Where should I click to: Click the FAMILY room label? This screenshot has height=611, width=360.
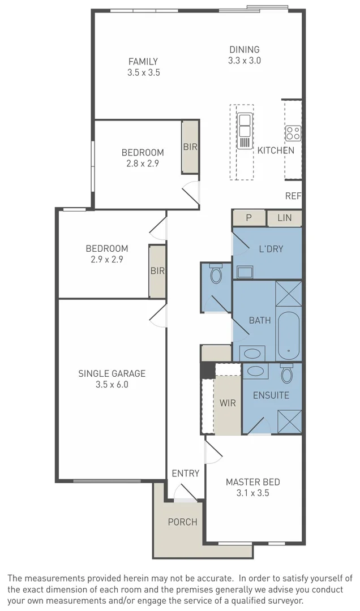(143, 62)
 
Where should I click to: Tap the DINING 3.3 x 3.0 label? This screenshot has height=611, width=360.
(244, 49)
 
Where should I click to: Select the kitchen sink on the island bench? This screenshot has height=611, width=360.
(245, 131)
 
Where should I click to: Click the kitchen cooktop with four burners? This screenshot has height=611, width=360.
(293, 133)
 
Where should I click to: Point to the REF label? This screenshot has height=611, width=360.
(293, 196)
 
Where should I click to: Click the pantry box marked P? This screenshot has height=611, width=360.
(248, 218)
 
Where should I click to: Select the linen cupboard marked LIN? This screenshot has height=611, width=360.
(284, 218)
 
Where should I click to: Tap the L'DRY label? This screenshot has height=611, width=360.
(271, 248)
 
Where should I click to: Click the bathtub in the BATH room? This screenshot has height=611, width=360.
(289, 335)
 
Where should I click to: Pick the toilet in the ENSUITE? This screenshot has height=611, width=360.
(286, 373)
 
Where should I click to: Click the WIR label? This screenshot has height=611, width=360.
(228, 403)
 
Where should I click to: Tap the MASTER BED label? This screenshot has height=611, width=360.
(252, 482)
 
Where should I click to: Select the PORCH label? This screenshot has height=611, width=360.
(182, 522)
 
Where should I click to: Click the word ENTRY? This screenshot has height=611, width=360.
(185, 473)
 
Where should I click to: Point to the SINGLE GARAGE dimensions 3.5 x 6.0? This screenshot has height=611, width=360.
(112, 385)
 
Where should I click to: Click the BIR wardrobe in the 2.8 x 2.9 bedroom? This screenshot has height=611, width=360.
(190, 147)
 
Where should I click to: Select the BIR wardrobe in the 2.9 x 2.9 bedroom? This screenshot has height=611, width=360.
(157, 271)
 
